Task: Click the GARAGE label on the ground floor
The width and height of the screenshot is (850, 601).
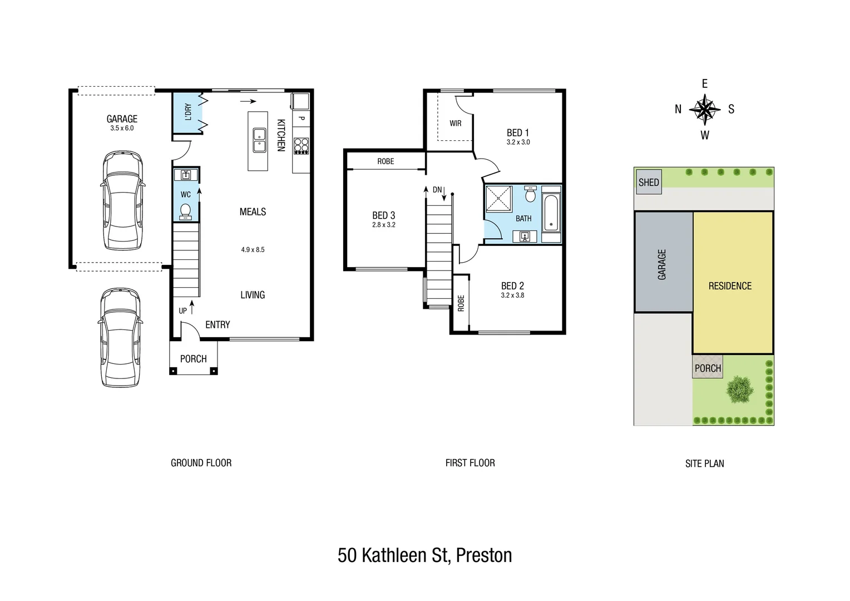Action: click(122, 119)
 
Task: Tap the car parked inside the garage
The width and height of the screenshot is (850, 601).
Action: click(122, 200)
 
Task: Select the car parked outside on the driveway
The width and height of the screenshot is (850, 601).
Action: click(120, 337)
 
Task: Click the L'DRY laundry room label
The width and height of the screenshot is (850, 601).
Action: click(188, 112)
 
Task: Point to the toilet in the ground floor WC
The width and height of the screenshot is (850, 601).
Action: click(186, 211)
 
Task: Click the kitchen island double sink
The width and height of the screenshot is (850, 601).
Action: click(259, 140)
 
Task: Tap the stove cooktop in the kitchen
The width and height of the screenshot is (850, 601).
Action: click(301, 145)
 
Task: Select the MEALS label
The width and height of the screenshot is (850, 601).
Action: click(253, 211)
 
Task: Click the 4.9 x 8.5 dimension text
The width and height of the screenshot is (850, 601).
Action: click(253, 250)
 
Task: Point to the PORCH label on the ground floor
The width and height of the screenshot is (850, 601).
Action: click(194, 359)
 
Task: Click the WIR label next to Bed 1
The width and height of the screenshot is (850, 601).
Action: click(456, 123)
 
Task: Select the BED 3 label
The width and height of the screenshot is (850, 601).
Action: click(383, 215)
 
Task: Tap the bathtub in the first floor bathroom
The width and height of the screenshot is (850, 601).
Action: click(550, 213)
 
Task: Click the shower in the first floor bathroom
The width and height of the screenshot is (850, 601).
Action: click(498, 199)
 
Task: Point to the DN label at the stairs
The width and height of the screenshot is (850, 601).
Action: click(437, 190)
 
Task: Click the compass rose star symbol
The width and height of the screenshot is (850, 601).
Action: click(705, 109)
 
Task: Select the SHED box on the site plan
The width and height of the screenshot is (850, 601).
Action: click(649, 182)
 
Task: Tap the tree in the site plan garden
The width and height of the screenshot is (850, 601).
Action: click(740, 389)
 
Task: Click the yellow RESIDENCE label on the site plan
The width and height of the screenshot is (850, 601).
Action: click(730, 286)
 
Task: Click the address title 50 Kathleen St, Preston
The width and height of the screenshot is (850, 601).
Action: click(425, 555)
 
